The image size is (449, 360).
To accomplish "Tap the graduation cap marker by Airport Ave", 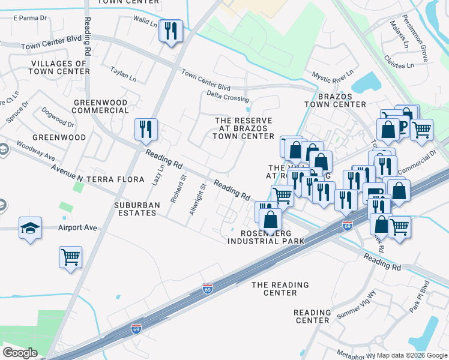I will coord(30,229).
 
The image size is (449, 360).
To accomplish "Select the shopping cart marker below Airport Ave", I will coord(70,257).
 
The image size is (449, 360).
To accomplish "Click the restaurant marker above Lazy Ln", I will coord(146,130).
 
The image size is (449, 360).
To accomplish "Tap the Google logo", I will coord(20,353).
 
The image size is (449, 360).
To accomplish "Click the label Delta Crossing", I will coord(228,97).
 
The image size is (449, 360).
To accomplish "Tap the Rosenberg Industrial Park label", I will coord(266,237).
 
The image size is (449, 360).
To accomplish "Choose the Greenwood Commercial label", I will coord(101,106).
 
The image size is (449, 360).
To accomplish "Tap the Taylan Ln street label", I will coord(123,75).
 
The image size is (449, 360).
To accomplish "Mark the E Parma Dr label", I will coord(29,18).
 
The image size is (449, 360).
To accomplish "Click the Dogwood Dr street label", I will coord(58,118).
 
